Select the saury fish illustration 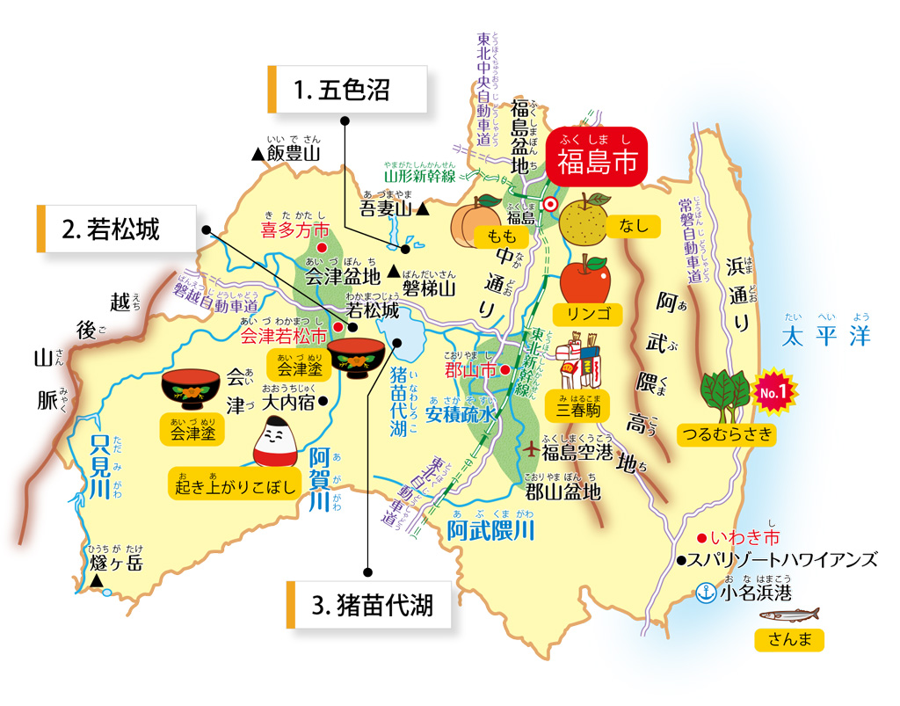(788, 615)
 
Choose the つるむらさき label (728, 433)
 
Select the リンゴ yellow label (583, 313)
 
